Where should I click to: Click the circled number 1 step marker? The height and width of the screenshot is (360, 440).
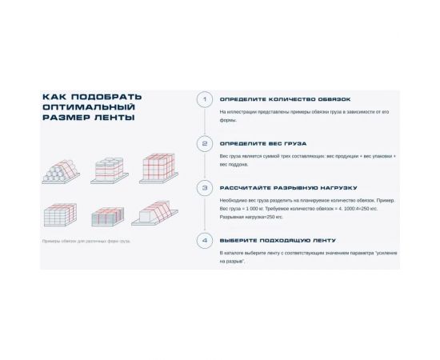(x=205, y=99)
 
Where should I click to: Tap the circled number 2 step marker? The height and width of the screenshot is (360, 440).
(x=205, y=144)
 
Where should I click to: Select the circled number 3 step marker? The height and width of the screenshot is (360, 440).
(x=205, y=188)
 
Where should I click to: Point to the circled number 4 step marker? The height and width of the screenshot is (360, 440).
(x=205, y=240)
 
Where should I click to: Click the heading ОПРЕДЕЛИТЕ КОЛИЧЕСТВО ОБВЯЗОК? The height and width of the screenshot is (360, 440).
(x=274, y=99)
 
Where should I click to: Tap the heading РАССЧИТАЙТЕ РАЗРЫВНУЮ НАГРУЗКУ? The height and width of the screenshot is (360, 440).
(x=277, y=188)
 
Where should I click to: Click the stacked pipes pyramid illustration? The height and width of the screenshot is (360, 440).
(x=62, y=171)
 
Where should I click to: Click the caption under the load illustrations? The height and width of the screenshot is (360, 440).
(x=86, y=240)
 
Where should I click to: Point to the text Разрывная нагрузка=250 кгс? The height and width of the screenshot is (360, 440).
(x=251, y=216)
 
